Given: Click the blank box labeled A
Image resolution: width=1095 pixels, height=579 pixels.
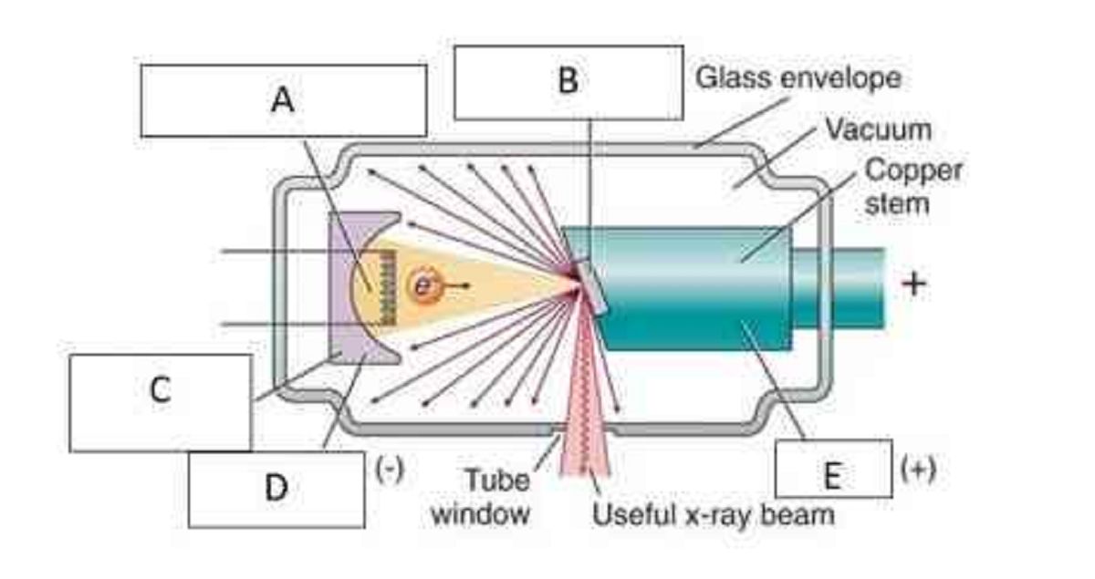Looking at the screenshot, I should click(283, 100).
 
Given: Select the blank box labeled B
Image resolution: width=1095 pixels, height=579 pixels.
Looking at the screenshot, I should click(568, 82).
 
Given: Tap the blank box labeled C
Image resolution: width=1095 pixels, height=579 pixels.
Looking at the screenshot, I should click(160, 402).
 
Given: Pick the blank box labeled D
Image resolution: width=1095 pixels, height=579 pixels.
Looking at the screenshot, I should click(276, 489).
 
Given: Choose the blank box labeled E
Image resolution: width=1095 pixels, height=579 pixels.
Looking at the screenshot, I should click(832, 469).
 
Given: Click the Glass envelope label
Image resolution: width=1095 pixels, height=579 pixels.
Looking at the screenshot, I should click(798, 78).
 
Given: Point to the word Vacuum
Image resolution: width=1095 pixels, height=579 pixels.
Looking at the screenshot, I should click(878, 129).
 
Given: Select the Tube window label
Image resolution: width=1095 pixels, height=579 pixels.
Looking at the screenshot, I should click(494, 496).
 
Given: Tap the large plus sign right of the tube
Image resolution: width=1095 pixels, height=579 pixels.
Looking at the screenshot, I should click(913, 284).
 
